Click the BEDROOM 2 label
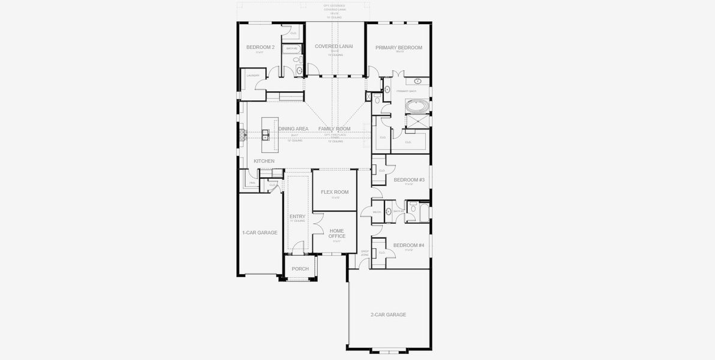coord(260,47)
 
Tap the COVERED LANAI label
coord(334,46)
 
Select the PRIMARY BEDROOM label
coord(399,48)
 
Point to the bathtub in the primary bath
coord(417,106)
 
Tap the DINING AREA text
coord(293,129)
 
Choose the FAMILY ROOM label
coord(334,129)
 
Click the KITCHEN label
coord(264,161)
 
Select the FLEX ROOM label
coord(335,192)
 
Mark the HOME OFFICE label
coord(337,233)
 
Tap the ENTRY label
coord(298,217)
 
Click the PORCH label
coord(300,269)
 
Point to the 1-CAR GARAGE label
coord(260,232)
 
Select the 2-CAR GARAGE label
coord(388,314)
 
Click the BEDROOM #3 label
coord(409,180)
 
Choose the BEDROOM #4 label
coord(409,245)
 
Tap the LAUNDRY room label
coord(253,75)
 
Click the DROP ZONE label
coord(365,253)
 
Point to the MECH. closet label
coord(377,212)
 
